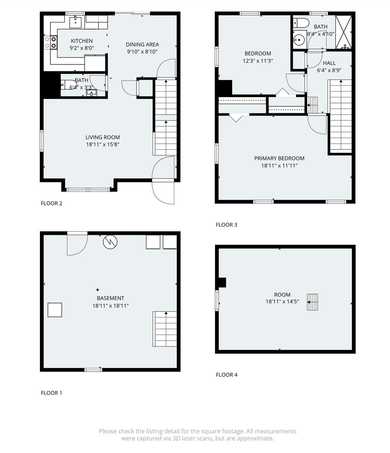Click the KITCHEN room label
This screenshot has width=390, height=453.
tap(82, 41)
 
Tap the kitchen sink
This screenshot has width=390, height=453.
tap(75, 22)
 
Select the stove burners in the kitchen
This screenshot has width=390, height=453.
tap(50, 43)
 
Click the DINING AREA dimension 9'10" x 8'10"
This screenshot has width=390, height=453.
tap(142, 52)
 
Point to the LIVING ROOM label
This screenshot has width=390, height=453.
tap(103, 137)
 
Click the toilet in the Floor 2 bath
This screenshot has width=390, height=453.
tap(69, 85)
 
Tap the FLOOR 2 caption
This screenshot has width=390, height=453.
tap(52, 203)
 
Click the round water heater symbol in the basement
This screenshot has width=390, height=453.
tap(110, 242)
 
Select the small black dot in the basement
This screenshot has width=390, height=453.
tap(98, 290)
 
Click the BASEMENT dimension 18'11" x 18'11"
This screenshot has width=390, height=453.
tap(110, 306)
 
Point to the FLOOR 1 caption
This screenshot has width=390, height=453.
tap(52, 393)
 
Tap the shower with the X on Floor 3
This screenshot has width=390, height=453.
tap(344, 32)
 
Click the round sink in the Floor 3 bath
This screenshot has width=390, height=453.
tap(298, 40)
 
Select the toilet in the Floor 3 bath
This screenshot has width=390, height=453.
tap(301, 23)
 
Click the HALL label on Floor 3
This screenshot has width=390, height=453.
tap(329, 63)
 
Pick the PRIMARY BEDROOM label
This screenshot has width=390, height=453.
tap(279, 158)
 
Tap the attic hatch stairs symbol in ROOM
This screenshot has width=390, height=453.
tap(313, 302)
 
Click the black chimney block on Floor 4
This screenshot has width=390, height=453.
tap(222, 282)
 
